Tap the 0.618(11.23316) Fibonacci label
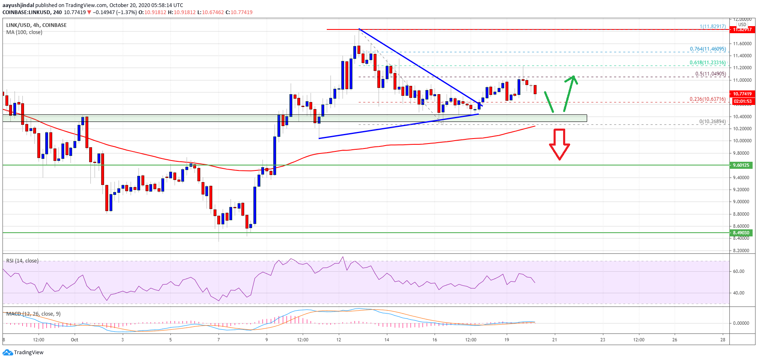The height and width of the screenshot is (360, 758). pyautogui.click(x=707, y=63)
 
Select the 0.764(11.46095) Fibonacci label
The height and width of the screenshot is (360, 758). pyautogui.click(x=707, y=49)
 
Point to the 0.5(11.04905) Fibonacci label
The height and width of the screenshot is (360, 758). pyautogui.click(x=710, y=74)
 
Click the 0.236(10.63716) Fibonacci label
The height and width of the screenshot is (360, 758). pyautogui.click(x=707, y=99)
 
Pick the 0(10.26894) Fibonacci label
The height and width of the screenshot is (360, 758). pyautogui.click(x=712, y=122)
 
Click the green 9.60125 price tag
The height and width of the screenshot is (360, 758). pyautogui.click(x=741, y=165)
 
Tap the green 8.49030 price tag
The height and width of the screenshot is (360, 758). pyautogui.click(x=741, y=233)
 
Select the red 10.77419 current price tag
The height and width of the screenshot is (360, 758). pyautogui.click(x=741, y=94)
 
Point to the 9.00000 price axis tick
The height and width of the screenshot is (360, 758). pyautogui.click(x=742, y=202)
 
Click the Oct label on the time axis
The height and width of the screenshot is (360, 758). pyautogui.click(x=75, y=340)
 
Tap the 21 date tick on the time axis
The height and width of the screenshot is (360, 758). pyautogui.click(x=554, y=340)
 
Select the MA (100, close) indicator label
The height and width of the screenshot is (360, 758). pyautogui.click(x=24, y=32)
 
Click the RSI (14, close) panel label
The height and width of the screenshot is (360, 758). pyautogui.click(x=22, y=261)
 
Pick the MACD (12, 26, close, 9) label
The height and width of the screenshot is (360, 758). pyautogui.click(x=33, y=314)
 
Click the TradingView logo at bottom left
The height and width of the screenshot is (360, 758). pyautogui.click(x=23, y=353)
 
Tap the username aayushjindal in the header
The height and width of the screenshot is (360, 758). pyautogui.click(x=18, y=5)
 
